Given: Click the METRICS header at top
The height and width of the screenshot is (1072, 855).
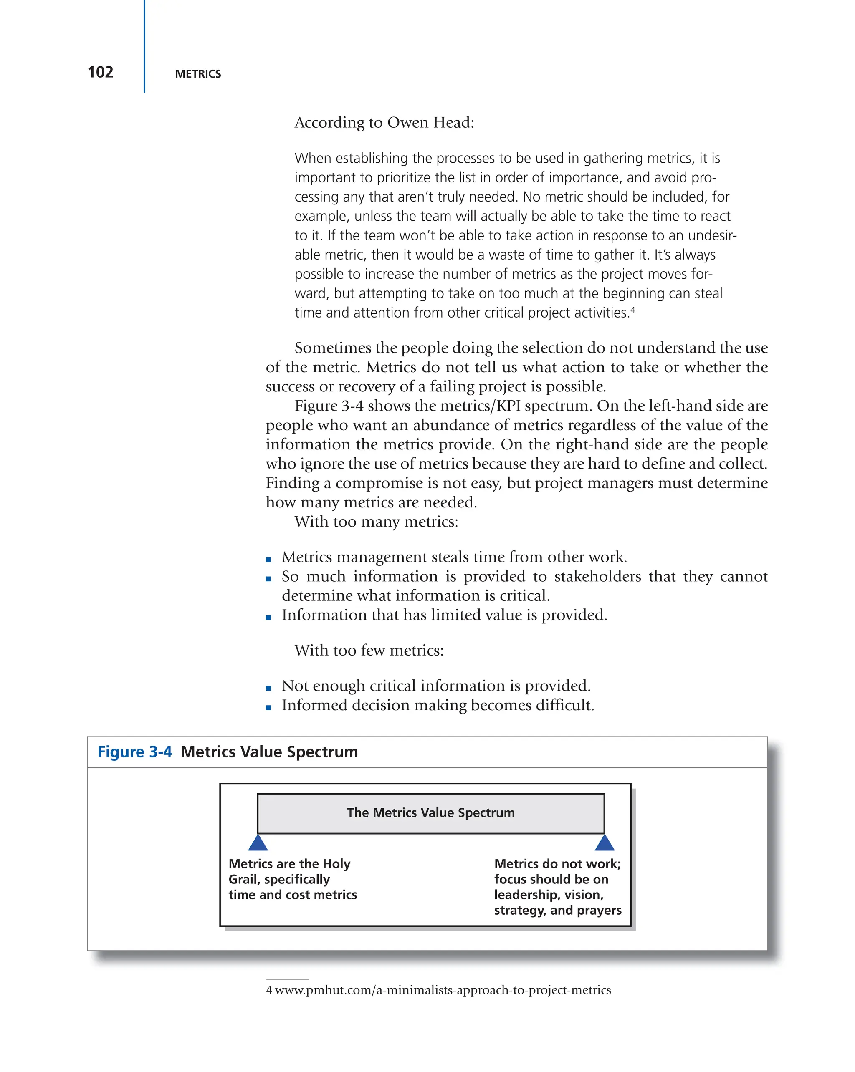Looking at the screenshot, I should pos(197,74).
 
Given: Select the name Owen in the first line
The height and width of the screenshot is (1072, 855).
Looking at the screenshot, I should pos(406,122).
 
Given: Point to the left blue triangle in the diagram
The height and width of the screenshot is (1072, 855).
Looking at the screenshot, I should pos(258,843).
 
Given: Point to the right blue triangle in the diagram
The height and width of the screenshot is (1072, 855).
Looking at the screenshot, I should pos(605,843).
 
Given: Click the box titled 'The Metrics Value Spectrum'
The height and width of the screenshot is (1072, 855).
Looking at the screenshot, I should pos(430,812).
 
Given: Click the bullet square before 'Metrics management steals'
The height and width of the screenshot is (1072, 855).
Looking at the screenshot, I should pos(268,560).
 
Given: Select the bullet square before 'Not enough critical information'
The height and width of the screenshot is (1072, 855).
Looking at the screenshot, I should pos(268,688).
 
